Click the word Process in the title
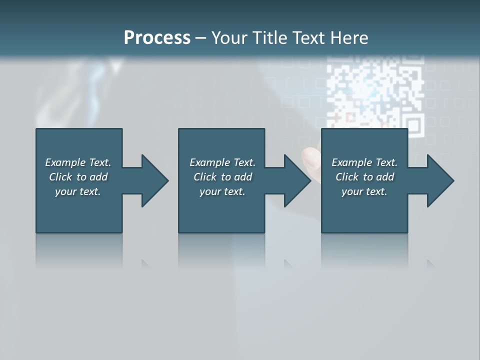pos(157,38)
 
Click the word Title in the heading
pos(270,38)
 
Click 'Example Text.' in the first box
pos(78,162)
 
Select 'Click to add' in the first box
pos(78,177)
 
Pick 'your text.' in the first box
pos(78,191)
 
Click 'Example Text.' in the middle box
pos(222,162)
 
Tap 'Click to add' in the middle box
pos(222,177)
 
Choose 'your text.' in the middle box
pos(222,191)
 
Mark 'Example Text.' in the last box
pos(364,162)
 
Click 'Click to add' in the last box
pos(364,177)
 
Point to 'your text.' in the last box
pos(364,191)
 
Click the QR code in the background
pos(375,92)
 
